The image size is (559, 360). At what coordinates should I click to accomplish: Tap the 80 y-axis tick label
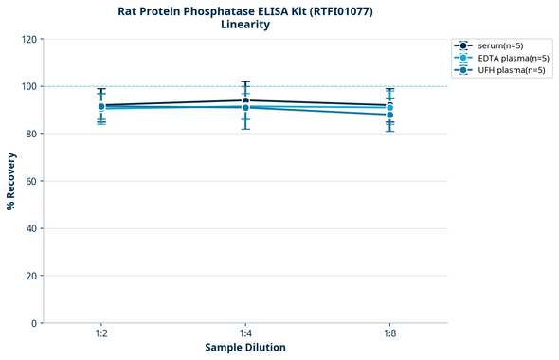tap(29, 135)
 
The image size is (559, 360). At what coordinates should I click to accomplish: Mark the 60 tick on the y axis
tap(29, 182)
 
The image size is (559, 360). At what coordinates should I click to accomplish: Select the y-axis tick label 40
tap(29, 229)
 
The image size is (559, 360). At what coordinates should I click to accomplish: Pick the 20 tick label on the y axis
tap(29, 277)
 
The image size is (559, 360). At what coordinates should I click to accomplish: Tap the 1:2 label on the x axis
tap(100, 334)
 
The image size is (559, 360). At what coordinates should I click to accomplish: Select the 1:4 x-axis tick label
tap(245, 334)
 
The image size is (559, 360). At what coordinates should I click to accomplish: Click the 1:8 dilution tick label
tap(389, 334)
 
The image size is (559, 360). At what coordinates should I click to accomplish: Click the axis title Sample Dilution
tap(245, 348)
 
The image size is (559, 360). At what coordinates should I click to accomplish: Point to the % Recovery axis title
tap(11, 181)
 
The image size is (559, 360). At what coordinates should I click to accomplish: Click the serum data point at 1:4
tap(245, 100)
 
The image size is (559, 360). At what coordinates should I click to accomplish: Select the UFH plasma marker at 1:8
tap(389, 115)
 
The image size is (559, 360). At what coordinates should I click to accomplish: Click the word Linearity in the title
tap(245, 25)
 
